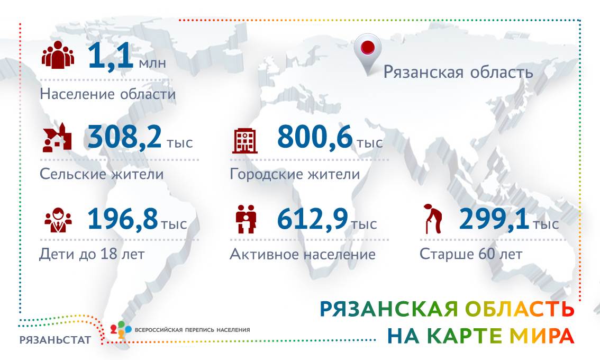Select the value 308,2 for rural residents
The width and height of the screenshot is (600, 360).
coord(125,137)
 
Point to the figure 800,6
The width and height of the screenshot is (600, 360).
coord(314,137)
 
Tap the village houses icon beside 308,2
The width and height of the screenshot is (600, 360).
coord(57,138)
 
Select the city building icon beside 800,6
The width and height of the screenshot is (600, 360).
coord(245,140)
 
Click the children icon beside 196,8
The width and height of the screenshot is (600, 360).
coord(58,220)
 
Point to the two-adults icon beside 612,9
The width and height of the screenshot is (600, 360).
coord(246,219)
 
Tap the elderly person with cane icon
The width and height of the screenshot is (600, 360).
coord(433,219)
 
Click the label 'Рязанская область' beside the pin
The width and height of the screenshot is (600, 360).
coord(458,72)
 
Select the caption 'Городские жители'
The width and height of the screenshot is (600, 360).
coord(295,174)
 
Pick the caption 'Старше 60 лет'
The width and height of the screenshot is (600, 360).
coord(471,254)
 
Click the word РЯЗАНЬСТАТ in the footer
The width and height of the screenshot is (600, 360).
coord(55,340)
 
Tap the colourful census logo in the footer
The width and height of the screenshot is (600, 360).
coord(121,329)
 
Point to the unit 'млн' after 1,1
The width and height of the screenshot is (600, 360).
coord(152,63)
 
